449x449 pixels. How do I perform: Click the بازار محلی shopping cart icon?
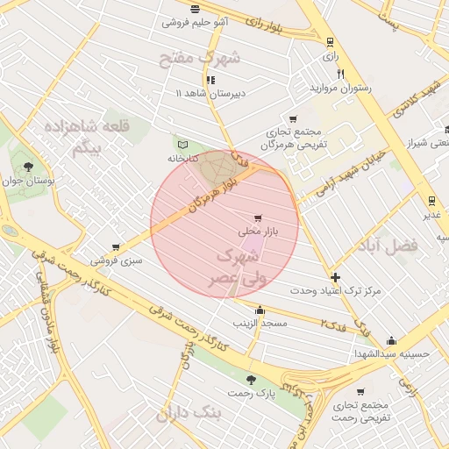pyautogui.click(x=257, y=218)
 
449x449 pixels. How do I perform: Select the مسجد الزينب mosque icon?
pyautogui.click(x=260, y=310)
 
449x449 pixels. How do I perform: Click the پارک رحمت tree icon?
pyautogui.click(x=252, y=380)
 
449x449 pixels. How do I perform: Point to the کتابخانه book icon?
pyautogui.click(x=182, y=145)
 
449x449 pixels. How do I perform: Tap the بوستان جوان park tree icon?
pyautogui.click(x=30, y=165)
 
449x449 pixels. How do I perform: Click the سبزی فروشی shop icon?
pyautogui.click(x=116, y=247)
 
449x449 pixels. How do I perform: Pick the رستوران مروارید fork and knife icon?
pyautogui.click(x=340, y=75)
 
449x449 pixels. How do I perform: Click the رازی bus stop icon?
pyautogui.click(x=330, y=41)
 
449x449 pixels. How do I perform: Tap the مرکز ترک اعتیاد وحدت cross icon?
pyautogui.click(x=334, y=276)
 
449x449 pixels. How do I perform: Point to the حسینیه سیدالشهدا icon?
pyautogui.click(x=391, y=341)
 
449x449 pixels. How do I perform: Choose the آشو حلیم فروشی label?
pyautogui.click(x=195, y=22)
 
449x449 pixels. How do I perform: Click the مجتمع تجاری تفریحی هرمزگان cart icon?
pyautogui.click(x=293, y=118)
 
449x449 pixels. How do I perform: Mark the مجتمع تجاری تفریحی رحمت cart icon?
pyautogui.click(x=360, y=392)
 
